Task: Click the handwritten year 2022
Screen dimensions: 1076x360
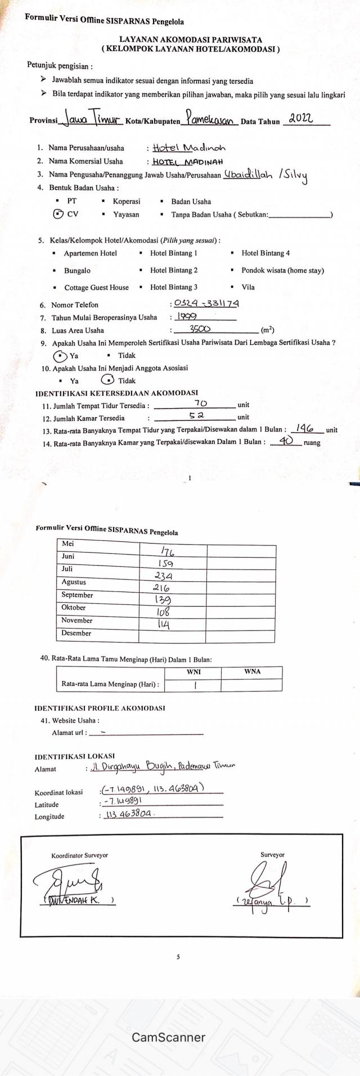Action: click(x=300, y=119)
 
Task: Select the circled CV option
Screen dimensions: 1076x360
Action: click(x=57, y=214)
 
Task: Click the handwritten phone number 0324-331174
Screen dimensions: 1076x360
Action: click(x=206, y=304)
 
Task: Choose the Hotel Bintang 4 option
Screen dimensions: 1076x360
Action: click(x=265, y=253)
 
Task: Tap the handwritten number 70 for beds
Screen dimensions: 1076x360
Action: click(x=200, y=403)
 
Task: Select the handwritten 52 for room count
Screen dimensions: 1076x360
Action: click(x=196, y=416)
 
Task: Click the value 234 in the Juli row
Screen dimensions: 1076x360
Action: click(x=164, y=576)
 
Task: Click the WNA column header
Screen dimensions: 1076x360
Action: click(x=252, y=672)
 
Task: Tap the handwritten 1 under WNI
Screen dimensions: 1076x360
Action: click(x=195, y=685)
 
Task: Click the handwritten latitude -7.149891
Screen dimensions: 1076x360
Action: click(x=122, y=801)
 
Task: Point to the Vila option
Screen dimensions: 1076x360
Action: click(x=248, y=287)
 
